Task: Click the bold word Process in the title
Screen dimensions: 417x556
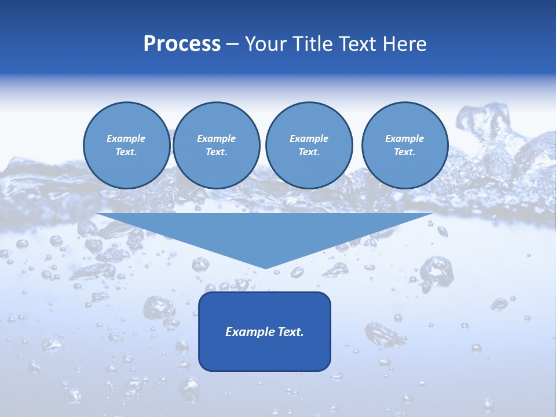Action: pyautogui.click(x=182, y=44)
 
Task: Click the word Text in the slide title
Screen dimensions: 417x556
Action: pyautogui.click(x=358, y=44)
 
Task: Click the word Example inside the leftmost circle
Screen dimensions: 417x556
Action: pyautogui.click(x=126, y=138)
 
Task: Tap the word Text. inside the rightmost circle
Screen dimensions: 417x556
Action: pyautogui.click(x=404, y=152)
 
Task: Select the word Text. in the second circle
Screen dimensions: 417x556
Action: pyautogui.click(x=216, y=152)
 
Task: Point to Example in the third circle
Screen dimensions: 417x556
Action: pyautogui.click(x=309, y=138)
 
